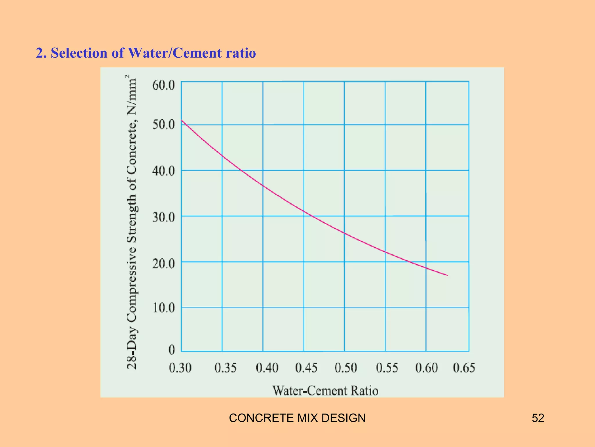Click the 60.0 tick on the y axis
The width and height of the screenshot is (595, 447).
point(164,86)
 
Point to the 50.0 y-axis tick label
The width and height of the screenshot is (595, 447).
point(164,125)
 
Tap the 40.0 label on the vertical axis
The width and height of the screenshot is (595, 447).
point(164,171)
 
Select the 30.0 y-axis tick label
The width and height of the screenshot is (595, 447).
point(164,217)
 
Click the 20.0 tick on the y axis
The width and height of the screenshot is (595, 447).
point(164,264)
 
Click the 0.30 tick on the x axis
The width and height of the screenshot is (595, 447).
point(180,368)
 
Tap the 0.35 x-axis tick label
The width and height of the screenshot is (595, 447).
point(225,368)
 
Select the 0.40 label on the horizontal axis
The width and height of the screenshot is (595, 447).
point(267,368)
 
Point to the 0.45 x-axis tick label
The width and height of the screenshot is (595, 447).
point(306,368)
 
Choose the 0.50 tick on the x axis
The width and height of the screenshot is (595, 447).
point(346,368)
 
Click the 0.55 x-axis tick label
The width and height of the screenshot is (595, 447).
point(387,368)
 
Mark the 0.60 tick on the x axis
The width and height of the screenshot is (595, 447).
point(426,368)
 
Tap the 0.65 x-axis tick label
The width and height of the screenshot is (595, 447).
point(464,368)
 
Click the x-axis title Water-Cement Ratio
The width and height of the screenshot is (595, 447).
point(325,391)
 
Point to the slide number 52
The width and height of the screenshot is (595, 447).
point(538,418)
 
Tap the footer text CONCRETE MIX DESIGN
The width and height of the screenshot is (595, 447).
point(297,418)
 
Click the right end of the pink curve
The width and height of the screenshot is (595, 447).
point(447,275)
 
